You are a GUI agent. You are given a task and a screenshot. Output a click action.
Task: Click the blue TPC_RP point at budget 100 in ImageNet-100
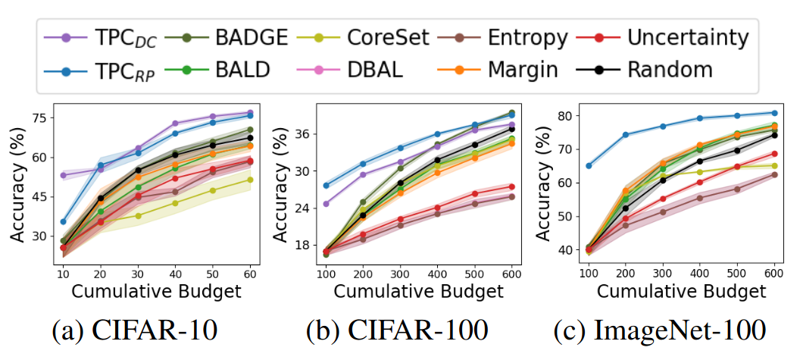(589, 165)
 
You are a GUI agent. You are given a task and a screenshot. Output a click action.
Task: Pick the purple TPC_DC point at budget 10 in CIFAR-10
(63, 175)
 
